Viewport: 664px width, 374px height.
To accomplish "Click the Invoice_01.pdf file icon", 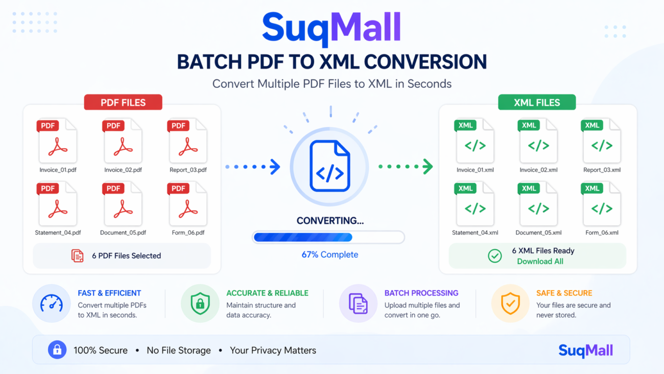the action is pyautogui.click(x=57, y=142).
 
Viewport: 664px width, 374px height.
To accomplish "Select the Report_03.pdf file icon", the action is pyautogui.click(x=187, y=142).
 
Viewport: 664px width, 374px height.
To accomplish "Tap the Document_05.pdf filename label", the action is pyautogui.click(x=123, y=232).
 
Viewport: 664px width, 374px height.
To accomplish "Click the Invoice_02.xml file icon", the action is pyautogui.click(x=538, y=142).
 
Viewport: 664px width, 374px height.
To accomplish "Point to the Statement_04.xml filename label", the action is pyautogui.click(x=475, y=232).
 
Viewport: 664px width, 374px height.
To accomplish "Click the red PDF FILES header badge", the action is pyautogui.click(x=123, y=102).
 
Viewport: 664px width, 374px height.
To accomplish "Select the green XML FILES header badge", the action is pyautogui.click(x=537, y=102).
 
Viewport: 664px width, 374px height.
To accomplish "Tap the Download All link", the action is pyautogui.click(x=540, y=261).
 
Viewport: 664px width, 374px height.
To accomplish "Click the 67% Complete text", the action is pyautogui.click(x=329, y=254).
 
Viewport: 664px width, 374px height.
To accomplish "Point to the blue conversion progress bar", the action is pyautogui.click(x=328, y=237).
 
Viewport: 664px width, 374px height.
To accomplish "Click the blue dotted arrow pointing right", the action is pyautogui.click(x=253, y=167).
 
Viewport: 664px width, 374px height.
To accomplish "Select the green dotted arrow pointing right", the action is pyautogui.click(x=406, y=167).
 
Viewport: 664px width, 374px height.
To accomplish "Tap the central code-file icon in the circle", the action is pyautogui.click(x=329, y=167).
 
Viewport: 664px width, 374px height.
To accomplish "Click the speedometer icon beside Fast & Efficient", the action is pyautogui.click(x=52, y=303).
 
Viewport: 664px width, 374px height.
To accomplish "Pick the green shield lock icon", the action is pyautogui.click(x=200, y=303).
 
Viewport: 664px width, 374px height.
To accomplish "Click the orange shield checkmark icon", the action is pyautogui.click(x=510, y=303).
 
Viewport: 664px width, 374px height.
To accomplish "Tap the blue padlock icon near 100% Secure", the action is pyautogui.click(x=57, y=350).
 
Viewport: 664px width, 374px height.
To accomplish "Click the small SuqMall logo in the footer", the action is pyautogui.click(x=585, y=350).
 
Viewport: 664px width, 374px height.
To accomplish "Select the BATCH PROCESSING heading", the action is pyautogui.click(x=421, y=293).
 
